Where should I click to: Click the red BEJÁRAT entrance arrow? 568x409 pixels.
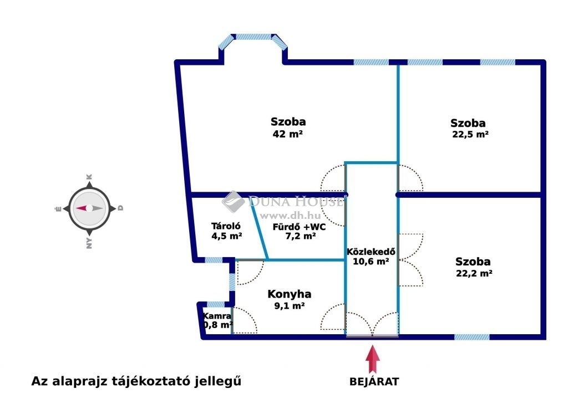[x=372, y=359]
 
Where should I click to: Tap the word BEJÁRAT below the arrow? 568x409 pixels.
[x=374, y=382]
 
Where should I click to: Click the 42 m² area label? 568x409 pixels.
[x=288, y=134]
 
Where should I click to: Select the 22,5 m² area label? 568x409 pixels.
[x=470, y=134]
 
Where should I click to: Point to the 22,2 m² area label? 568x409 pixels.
[x=474, y=273]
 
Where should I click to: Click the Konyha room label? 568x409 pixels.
[x=290, y=294]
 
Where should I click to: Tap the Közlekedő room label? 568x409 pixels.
[x=371, y=252]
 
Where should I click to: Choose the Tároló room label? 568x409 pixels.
[x=226, y=226]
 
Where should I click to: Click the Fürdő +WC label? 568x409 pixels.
[x=299, y=227]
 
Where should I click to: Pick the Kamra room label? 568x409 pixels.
[x=217, y=316]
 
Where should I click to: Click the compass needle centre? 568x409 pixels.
[x=89, y=208]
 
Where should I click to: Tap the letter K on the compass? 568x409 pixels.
[x=89, y=177]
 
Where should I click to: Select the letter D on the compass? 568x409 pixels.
[x=120, y=208]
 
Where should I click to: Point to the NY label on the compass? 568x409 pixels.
[x=89, y=243]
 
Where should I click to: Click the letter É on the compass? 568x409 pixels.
[x=58, y=208]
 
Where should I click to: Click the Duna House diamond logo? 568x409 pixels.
[x=234, y=201]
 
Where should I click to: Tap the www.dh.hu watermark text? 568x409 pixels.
[x=291, y=216]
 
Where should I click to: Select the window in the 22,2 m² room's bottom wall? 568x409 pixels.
[x=471, y=337]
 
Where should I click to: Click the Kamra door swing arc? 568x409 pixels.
[x=245, y=320]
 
